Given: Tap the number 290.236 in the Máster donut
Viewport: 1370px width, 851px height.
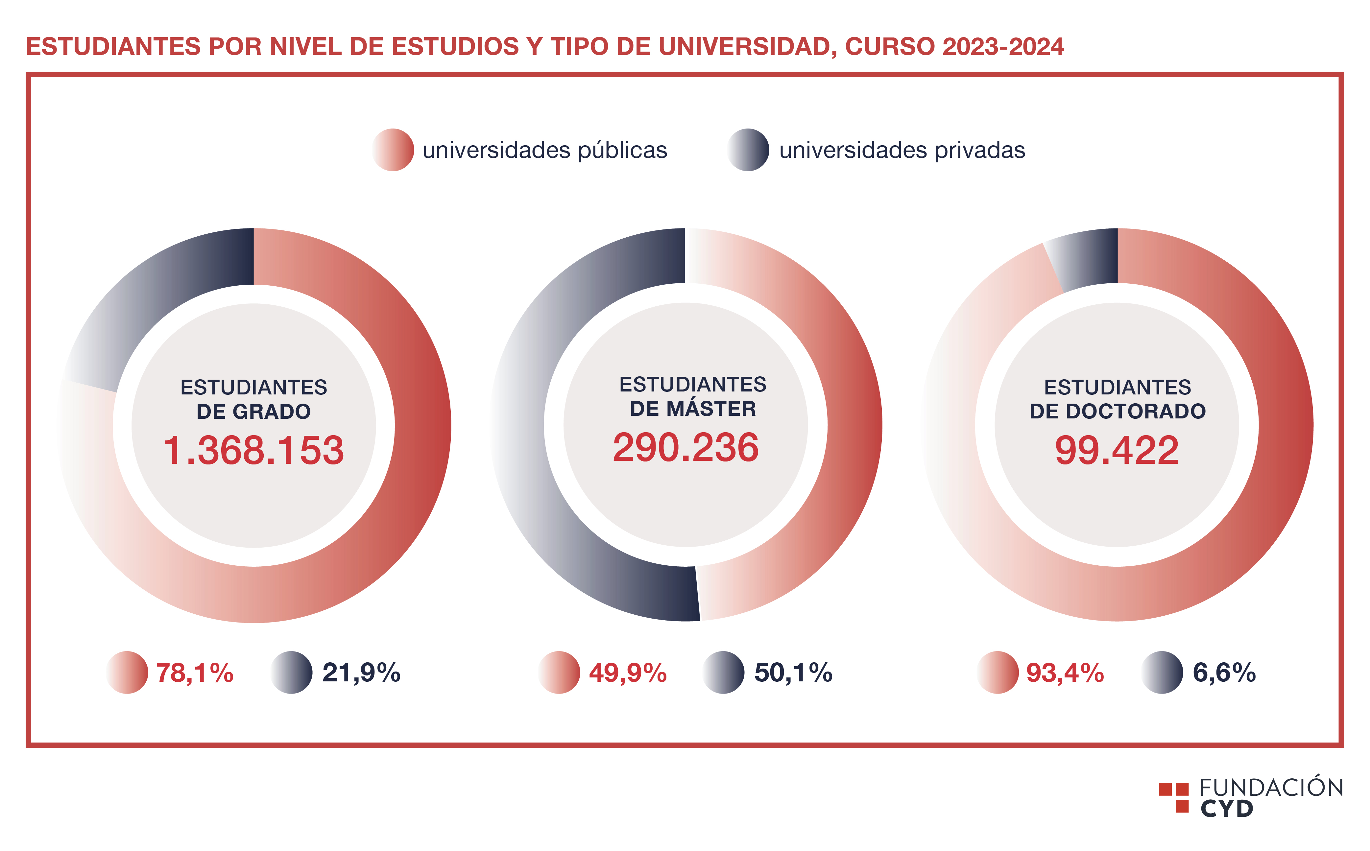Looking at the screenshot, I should coord(685,448).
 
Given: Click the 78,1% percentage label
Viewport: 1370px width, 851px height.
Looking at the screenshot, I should coord(195,673).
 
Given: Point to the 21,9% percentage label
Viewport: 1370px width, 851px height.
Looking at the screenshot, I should coord(361,673).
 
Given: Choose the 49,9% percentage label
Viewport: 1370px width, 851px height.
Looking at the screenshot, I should coord(628,673).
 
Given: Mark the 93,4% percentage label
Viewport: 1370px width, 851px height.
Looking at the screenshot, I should coord(1065,673).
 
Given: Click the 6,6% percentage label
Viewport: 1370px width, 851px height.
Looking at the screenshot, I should coord(1224,673).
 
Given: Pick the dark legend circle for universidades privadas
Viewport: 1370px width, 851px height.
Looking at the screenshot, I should coord(748,150).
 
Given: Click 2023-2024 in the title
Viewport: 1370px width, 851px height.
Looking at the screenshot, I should coord(1003,47).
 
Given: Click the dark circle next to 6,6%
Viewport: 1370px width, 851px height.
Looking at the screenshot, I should coord(1162,673).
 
